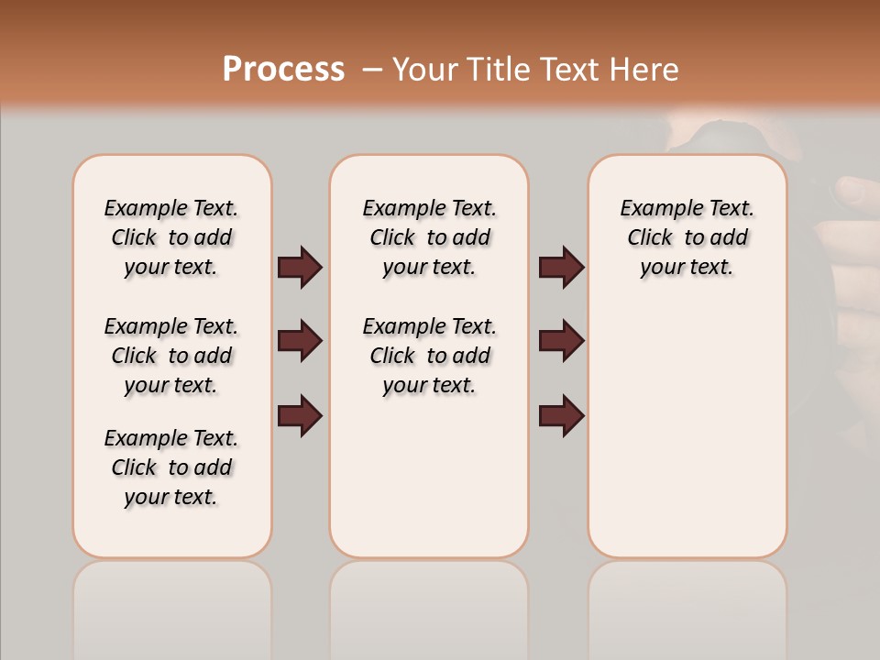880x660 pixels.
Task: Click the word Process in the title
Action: (283, 70)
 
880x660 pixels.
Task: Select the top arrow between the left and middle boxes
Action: (300, 268)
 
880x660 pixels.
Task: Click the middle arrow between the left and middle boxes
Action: (300, 341)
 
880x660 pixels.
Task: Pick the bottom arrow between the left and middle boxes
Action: (300, 415)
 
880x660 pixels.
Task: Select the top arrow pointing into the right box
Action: (561, 268)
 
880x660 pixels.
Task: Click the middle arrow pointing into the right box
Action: (561, 341)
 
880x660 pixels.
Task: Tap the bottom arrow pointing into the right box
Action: (561, 415)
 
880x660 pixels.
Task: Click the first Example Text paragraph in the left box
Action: (171, 237)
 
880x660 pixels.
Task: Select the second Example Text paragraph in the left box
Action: (171, 356)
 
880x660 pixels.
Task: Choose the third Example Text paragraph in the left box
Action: (171, 467)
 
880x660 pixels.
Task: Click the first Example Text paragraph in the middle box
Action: (429, 237)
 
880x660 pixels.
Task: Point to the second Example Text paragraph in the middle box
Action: (429, 356)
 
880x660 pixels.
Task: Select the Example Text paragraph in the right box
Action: (687, 237)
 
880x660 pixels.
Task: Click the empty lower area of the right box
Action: (687, 431)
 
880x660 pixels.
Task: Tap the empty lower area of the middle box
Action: (429, 477)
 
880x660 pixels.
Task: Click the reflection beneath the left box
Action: (171, 605)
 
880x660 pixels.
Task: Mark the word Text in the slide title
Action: (570, 70)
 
